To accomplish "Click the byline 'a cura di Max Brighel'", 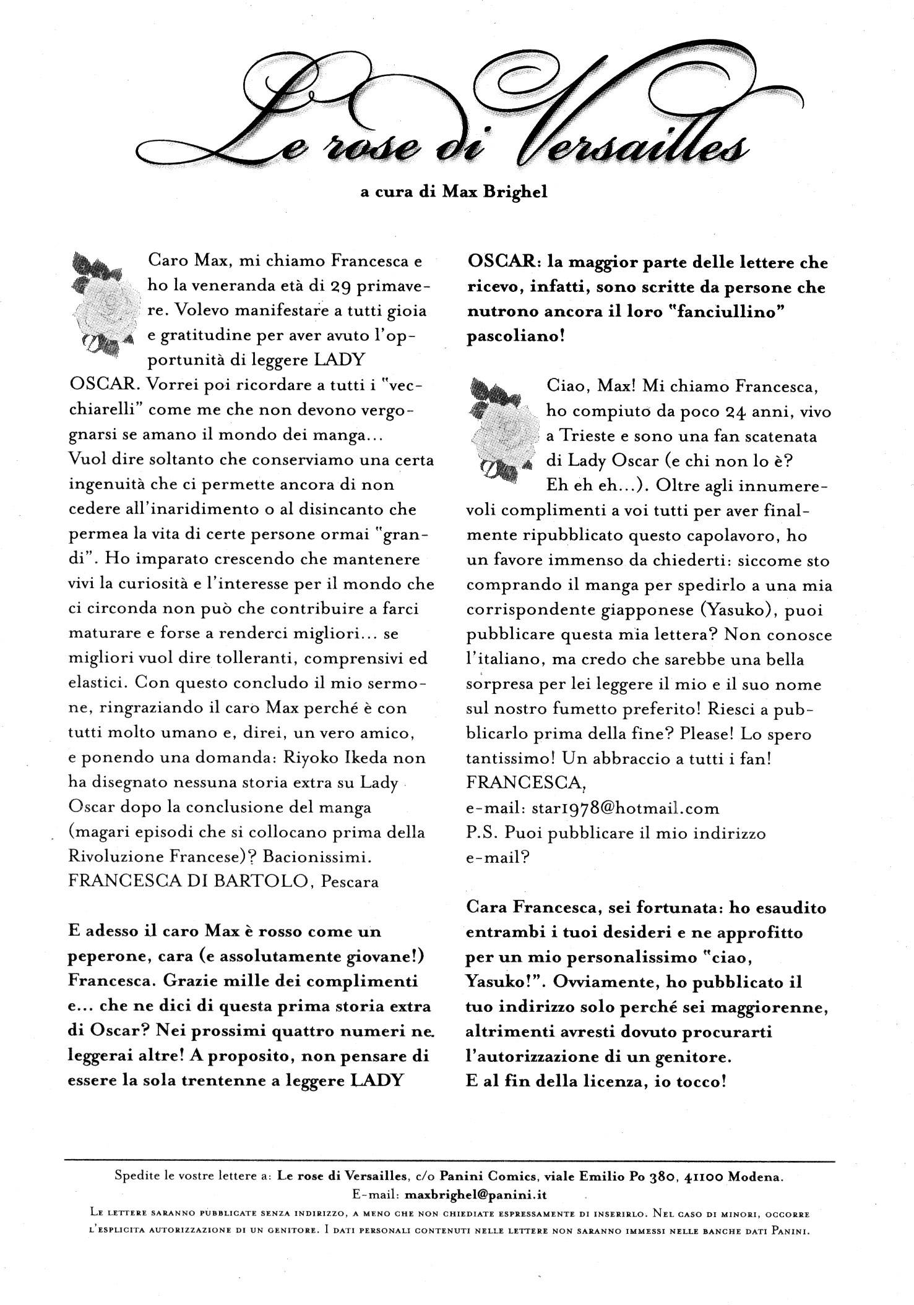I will (454, 192).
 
